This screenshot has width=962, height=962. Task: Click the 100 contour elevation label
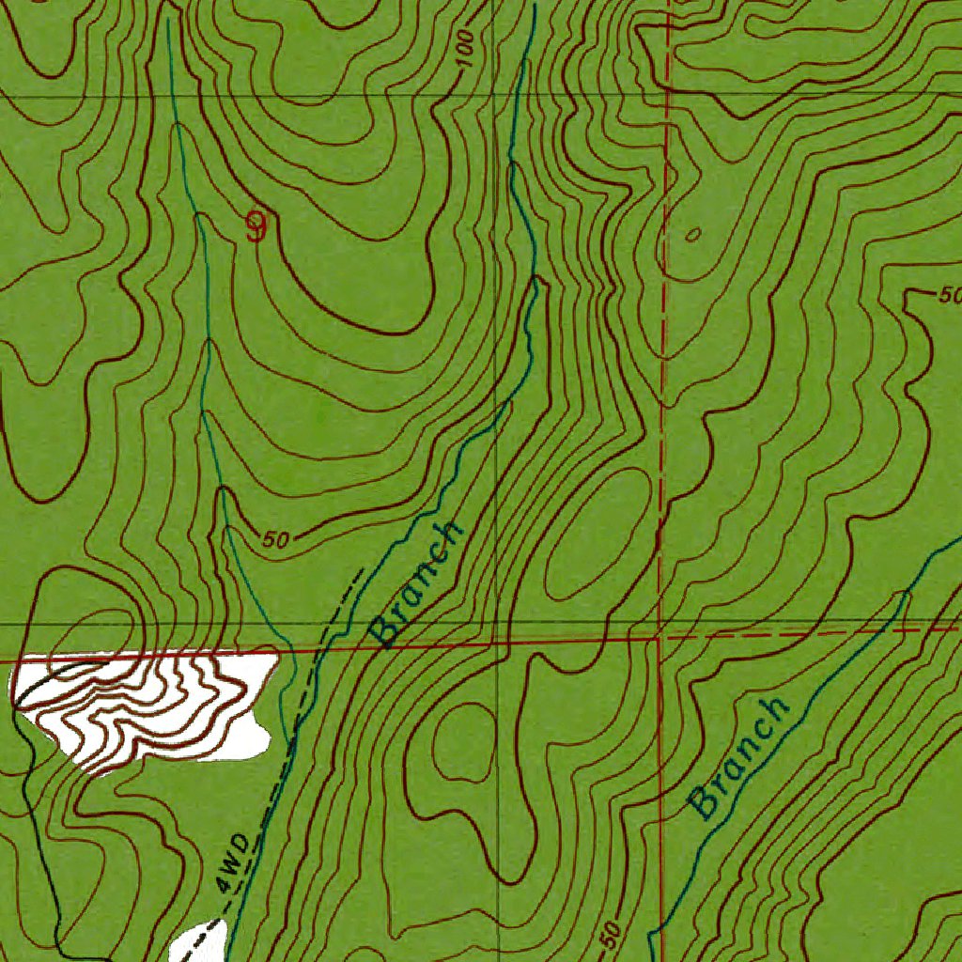click(x=464, y=53)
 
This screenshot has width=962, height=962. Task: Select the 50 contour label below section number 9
click(x=275, y=539)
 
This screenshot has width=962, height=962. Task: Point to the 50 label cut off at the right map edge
click(x=948, y=296)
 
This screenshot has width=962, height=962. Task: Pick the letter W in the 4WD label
click(x=234, y=860)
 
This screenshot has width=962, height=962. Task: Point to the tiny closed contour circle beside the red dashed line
click(x=693, y=234)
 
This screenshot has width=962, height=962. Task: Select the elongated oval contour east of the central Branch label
click(x=598, y=535)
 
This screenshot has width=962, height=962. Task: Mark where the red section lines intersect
click(x=658, y=637)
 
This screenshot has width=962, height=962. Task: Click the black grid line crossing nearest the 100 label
click(x=495, y=96)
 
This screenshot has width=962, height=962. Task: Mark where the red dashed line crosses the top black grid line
click(x=666, y=94)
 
